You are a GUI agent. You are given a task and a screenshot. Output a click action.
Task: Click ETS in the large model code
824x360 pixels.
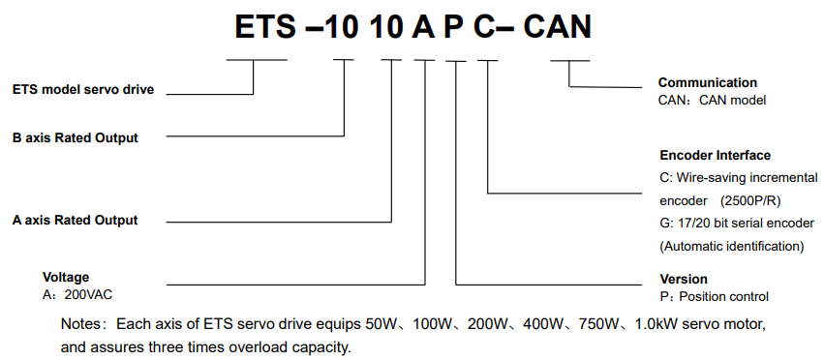[265, 26]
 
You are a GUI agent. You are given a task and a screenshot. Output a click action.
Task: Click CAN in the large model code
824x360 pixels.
[557, 26]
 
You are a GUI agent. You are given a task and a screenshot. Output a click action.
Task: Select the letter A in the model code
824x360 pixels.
[423, 26]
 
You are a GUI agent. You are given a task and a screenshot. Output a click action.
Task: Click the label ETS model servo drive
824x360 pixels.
[83, 90]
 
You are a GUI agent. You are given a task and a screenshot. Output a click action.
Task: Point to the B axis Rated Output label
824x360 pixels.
[76, 138]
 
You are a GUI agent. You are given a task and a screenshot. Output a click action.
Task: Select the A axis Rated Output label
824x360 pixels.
[76, 221]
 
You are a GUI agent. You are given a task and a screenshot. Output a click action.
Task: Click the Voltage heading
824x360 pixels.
[66, 278]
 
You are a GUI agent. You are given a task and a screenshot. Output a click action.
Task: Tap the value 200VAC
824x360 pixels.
[88, 295]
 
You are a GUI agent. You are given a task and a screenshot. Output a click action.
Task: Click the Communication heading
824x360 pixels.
[708, 82]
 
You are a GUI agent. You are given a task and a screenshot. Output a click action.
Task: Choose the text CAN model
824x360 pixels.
[733, 101]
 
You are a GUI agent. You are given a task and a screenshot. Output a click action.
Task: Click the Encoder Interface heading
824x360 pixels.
[716, 156]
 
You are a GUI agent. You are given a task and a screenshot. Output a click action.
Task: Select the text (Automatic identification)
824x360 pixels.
[732, 247]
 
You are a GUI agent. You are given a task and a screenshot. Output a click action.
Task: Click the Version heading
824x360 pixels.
[684, 279]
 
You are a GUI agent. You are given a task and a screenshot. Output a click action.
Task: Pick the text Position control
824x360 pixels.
[724, 297]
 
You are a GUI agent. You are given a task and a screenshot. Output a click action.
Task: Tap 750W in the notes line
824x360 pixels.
[597, 324]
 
